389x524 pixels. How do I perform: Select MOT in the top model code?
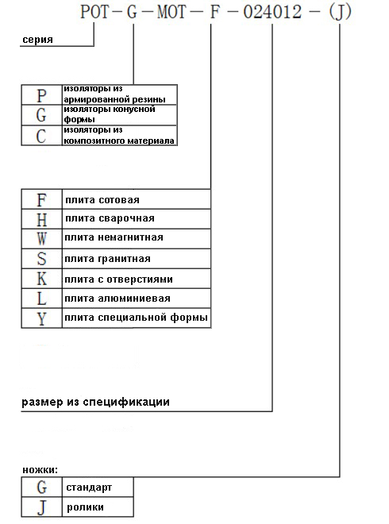coord(171,12)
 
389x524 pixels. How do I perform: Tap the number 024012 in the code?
coord(272,12)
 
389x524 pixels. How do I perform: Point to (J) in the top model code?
coord(340,12)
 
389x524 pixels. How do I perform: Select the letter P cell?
coord(41,94)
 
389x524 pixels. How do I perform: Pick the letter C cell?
coord(41,136)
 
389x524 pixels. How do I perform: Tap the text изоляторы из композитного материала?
coord(118,135)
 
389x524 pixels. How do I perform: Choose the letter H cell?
coord(41,219)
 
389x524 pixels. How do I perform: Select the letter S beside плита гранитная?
coord(41,259)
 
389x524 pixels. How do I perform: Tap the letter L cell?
coord(41,299)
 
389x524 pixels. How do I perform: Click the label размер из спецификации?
coord(95,403)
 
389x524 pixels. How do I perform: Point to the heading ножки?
coord(40,470)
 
